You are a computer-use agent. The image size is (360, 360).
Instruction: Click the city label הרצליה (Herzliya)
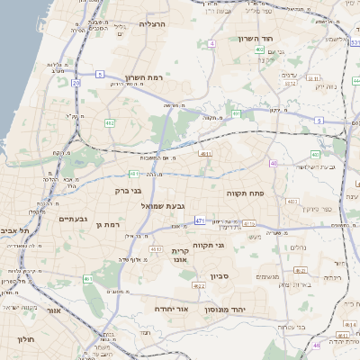153,25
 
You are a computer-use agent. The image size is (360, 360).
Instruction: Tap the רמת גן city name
107,224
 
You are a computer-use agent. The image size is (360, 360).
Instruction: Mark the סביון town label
221,276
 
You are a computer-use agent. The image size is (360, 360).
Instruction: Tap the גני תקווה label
207,245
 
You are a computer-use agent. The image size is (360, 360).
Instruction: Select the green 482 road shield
109,121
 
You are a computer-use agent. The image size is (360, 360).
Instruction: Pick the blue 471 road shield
200,220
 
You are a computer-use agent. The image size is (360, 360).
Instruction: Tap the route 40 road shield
274,163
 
